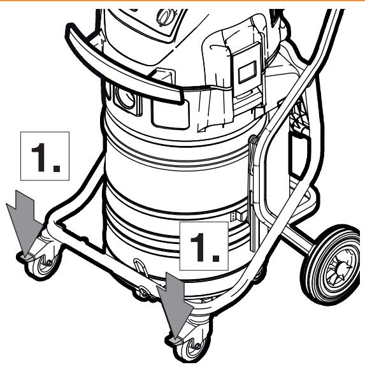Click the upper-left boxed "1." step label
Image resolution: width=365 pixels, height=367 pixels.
(45, 156)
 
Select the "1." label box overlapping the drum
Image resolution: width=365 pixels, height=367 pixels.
(204, 246)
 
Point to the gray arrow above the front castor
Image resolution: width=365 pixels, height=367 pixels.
(175, 305)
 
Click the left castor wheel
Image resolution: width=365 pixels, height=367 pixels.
(47, 264)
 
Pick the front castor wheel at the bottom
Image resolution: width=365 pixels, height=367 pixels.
(195, 349)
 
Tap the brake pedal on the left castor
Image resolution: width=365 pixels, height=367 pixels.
(25, 257)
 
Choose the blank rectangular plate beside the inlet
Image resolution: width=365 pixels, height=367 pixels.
(170, 114)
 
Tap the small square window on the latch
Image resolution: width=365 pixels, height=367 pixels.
(247, 72)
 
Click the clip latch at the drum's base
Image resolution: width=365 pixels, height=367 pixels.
(140, 267)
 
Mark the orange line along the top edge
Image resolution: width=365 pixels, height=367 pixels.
(182, 1)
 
